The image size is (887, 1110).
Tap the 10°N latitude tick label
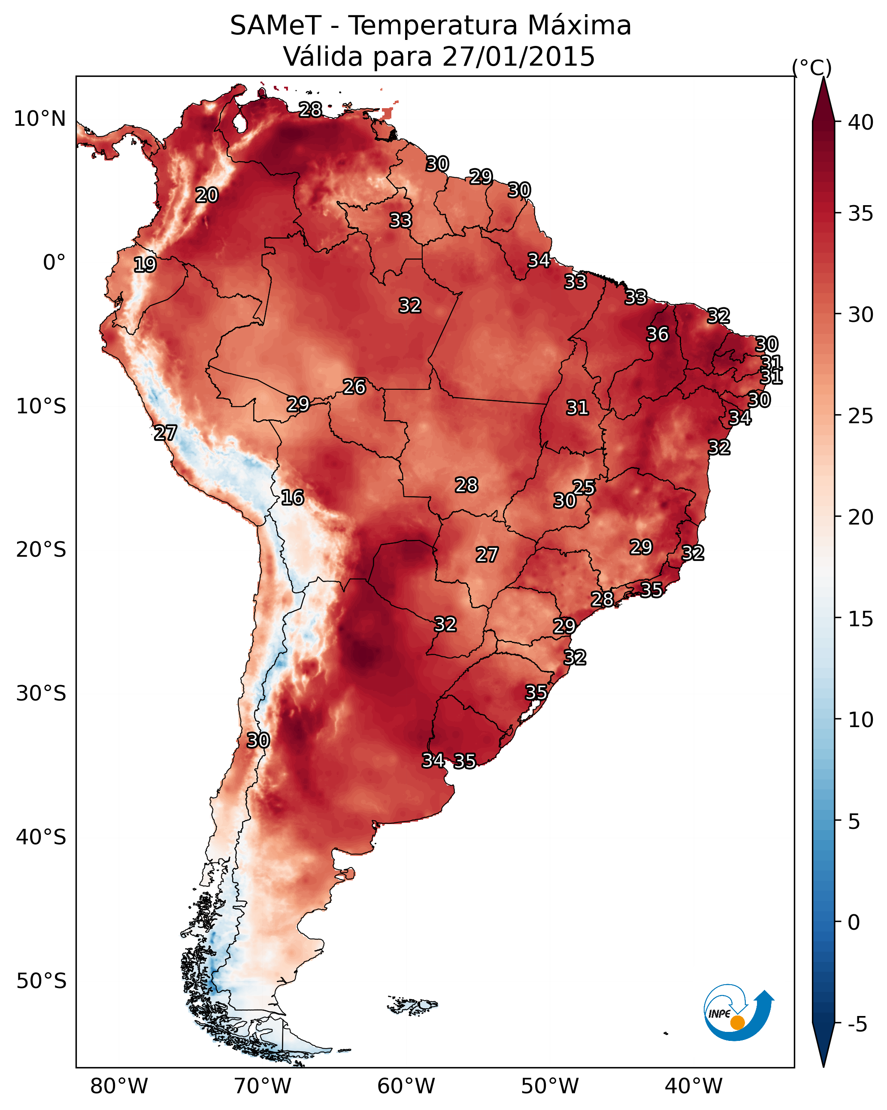39,119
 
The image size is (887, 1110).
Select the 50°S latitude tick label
41,981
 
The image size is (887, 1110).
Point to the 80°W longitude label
119,1086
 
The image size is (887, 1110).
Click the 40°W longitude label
693,1086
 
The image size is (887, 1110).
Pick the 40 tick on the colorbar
861,122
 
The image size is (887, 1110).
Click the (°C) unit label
811,67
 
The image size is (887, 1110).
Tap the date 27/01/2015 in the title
518,57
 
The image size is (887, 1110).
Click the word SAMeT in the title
275,26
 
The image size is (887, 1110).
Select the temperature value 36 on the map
657,334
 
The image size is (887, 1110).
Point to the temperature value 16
292,497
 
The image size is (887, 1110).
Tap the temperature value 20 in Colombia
206,195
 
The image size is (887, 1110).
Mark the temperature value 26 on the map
354,387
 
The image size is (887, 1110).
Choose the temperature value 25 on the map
584,487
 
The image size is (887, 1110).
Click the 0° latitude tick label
54,263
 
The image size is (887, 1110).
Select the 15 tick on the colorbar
861,619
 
